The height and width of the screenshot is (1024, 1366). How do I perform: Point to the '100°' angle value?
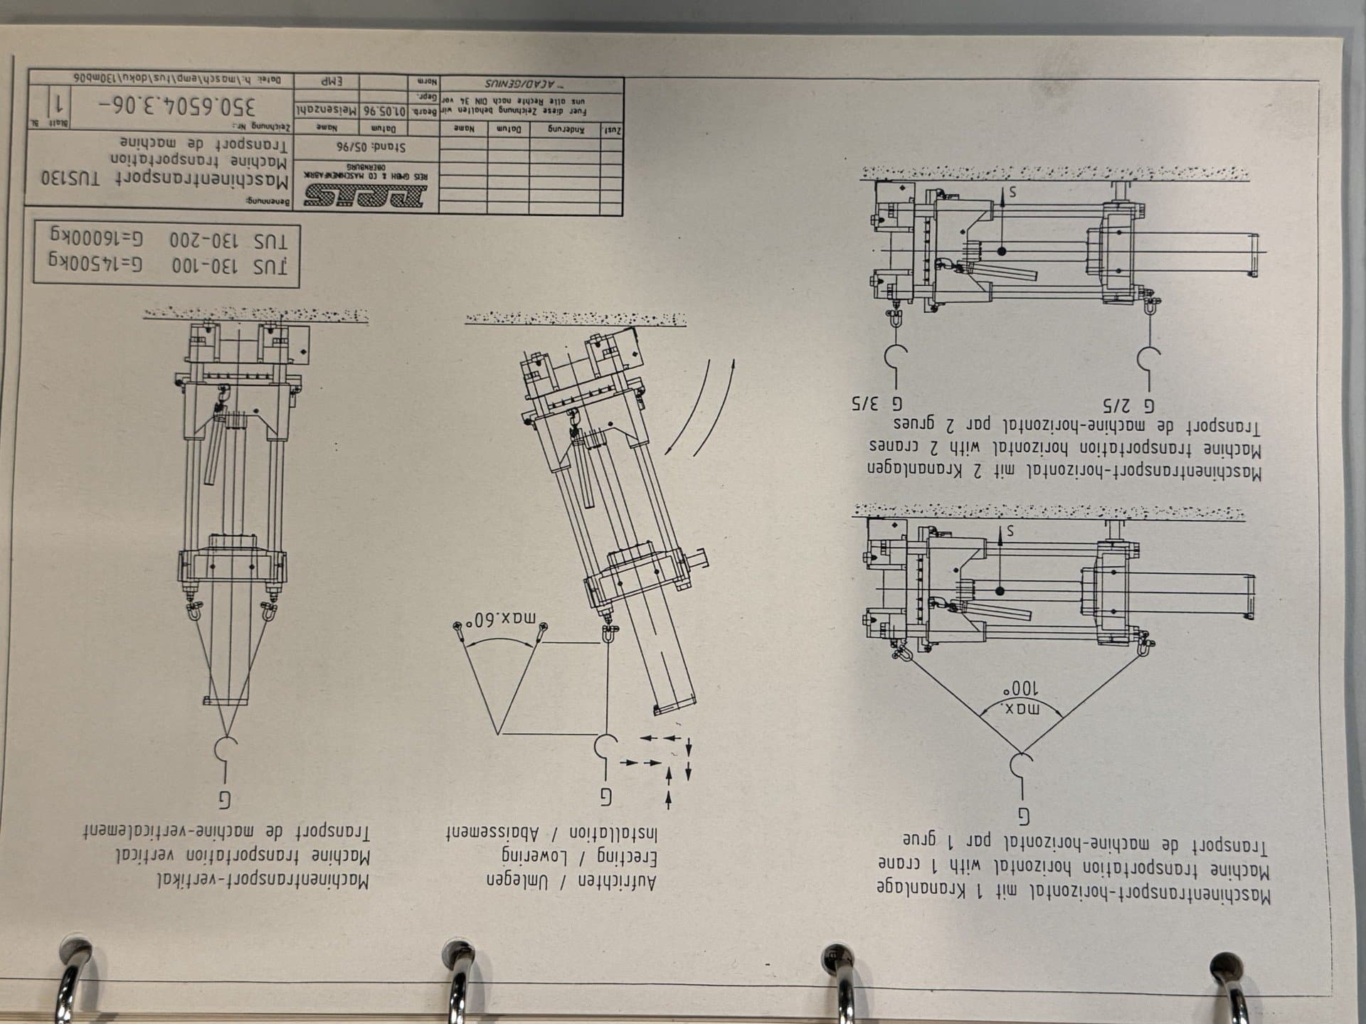[x=1021, y=689]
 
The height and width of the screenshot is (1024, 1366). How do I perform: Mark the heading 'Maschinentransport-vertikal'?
[x=263, y=881]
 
